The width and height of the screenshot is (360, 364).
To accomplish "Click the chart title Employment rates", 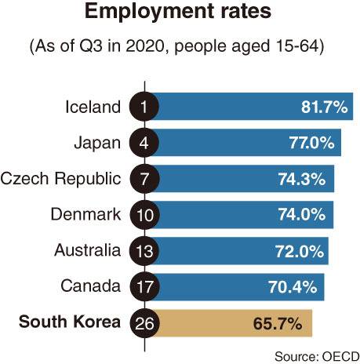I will pos(179,13).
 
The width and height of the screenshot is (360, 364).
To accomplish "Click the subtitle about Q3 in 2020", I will pos(180,46).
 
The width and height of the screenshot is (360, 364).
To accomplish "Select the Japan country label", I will pos(97,142).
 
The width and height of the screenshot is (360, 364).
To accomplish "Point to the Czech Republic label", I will pos(61,178).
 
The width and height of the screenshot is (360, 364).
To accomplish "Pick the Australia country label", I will pos(87,250).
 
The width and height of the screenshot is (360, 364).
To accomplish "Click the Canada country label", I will pos(93,286).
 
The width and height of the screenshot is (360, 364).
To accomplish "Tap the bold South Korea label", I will pos(71,322).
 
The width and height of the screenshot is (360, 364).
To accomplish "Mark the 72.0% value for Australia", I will pos(300,251).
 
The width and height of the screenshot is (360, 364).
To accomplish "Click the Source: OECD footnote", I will pos(315,355).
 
